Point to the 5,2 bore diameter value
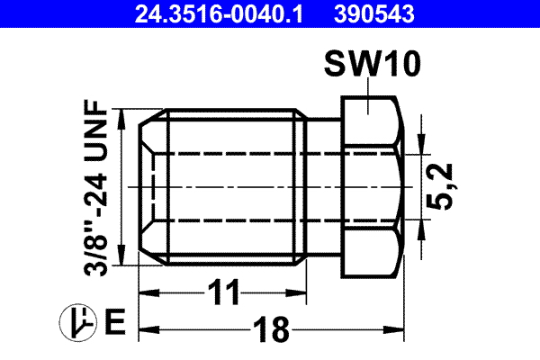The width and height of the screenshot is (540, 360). (450, 186)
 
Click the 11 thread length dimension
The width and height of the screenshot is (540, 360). (224, 292)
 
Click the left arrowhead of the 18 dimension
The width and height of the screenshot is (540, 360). (146, 329)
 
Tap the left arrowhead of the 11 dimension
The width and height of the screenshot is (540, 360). (146, 293)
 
